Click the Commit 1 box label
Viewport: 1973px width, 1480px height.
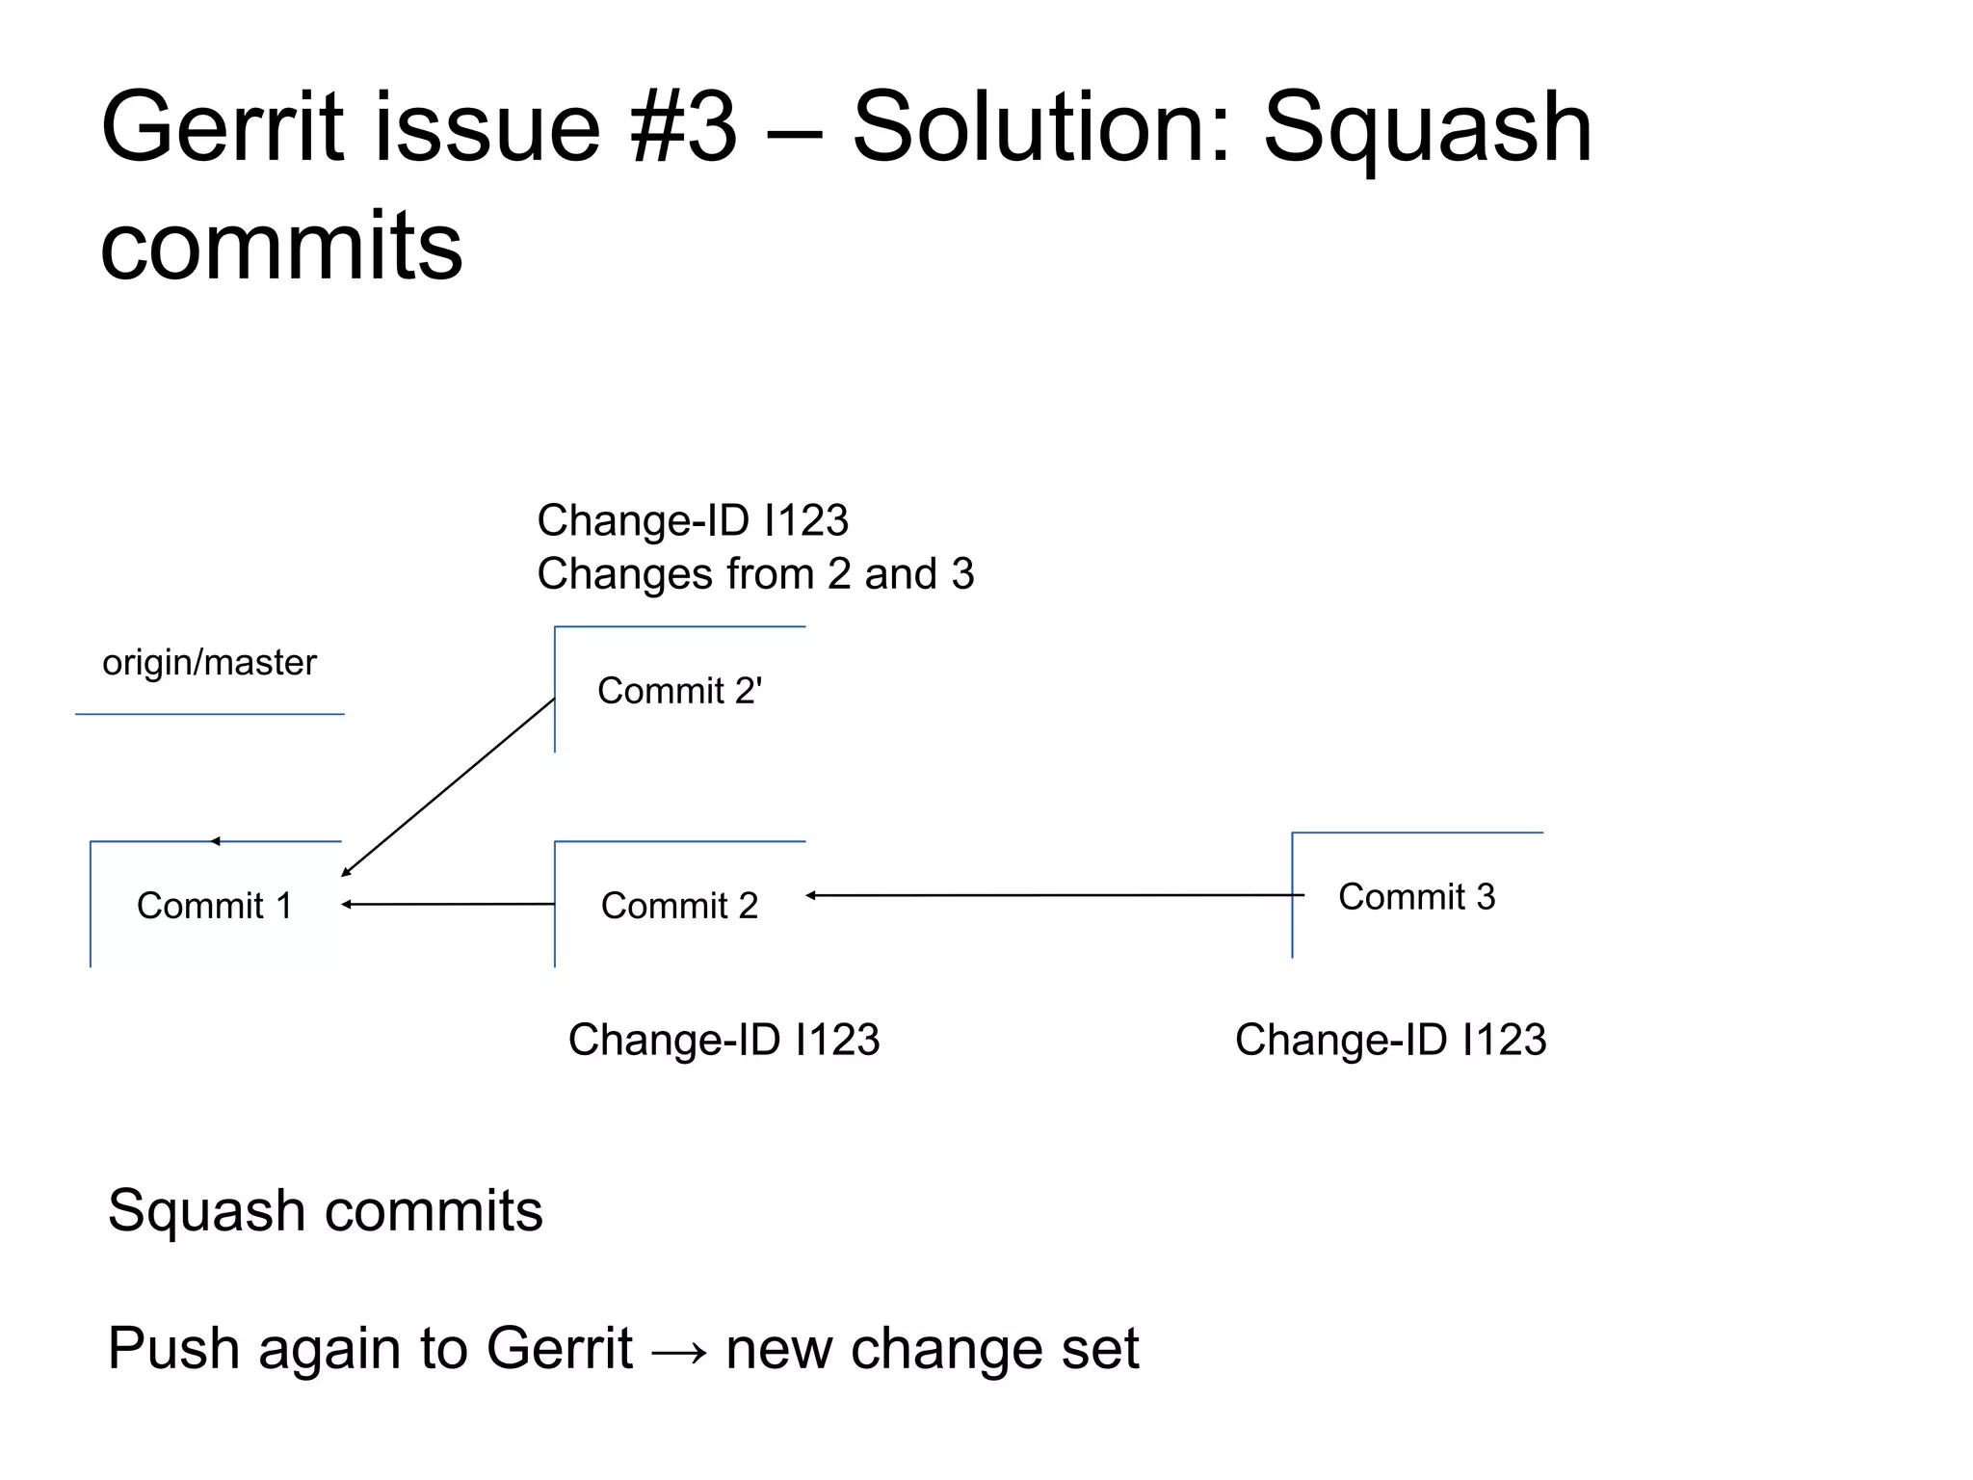point(214,906)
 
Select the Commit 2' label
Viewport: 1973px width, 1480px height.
point(679,691)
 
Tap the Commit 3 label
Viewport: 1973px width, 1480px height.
point(1416,897)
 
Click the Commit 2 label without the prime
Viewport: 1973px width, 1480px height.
point(679,906)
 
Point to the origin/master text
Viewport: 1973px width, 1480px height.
point(209,663)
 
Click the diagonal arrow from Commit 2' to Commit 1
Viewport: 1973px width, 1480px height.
point(449,786)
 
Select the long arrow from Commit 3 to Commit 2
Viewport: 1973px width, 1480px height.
point(1055,895)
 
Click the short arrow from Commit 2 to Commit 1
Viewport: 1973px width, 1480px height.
point(449,904)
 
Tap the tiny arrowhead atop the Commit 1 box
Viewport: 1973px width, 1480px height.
point(216,841)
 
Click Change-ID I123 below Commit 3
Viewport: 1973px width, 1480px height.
point(1390,1040)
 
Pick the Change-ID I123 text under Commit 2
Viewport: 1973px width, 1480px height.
point(723,1040)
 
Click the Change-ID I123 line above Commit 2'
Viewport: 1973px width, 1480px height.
point(693,520)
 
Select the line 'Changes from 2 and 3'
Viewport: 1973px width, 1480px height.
point(755,574)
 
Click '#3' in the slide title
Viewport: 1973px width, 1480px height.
point(684,127)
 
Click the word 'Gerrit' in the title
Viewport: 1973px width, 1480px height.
point(222,127)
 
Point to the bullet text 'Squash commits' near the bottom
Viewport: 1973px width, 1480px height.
point(325,1210)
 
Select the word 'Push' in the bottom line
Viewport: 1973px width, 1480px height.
point(173,1348)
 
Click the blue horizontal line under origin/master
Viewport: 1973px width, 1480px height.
point(209,714)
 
